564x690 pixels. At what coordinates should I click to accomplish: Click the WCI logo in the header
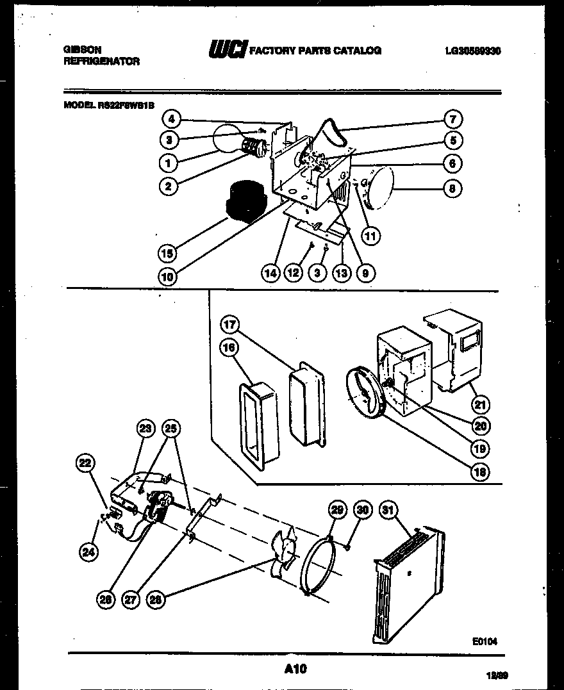coord(227,50)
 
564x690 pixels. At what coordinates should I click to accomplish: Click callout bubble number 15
coord(167,253)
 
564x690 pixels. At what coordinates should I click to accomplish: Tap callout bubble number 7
coord(452,119)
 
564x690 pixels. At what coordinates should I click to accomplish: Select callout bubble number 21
coord(480,404)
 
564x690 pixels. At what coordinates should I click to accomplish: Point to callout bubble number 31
coord(388,510)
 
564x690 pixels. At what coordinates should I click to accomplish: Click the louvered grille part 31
coord(407,584)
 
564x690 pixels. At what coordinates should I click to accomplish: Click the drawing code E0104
coord(485,640)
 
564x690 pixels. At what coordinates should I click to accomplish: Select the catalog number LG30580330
coord(472,51)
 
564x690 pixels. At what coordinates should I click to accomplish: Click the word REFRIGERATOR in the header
coord(101,62)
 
